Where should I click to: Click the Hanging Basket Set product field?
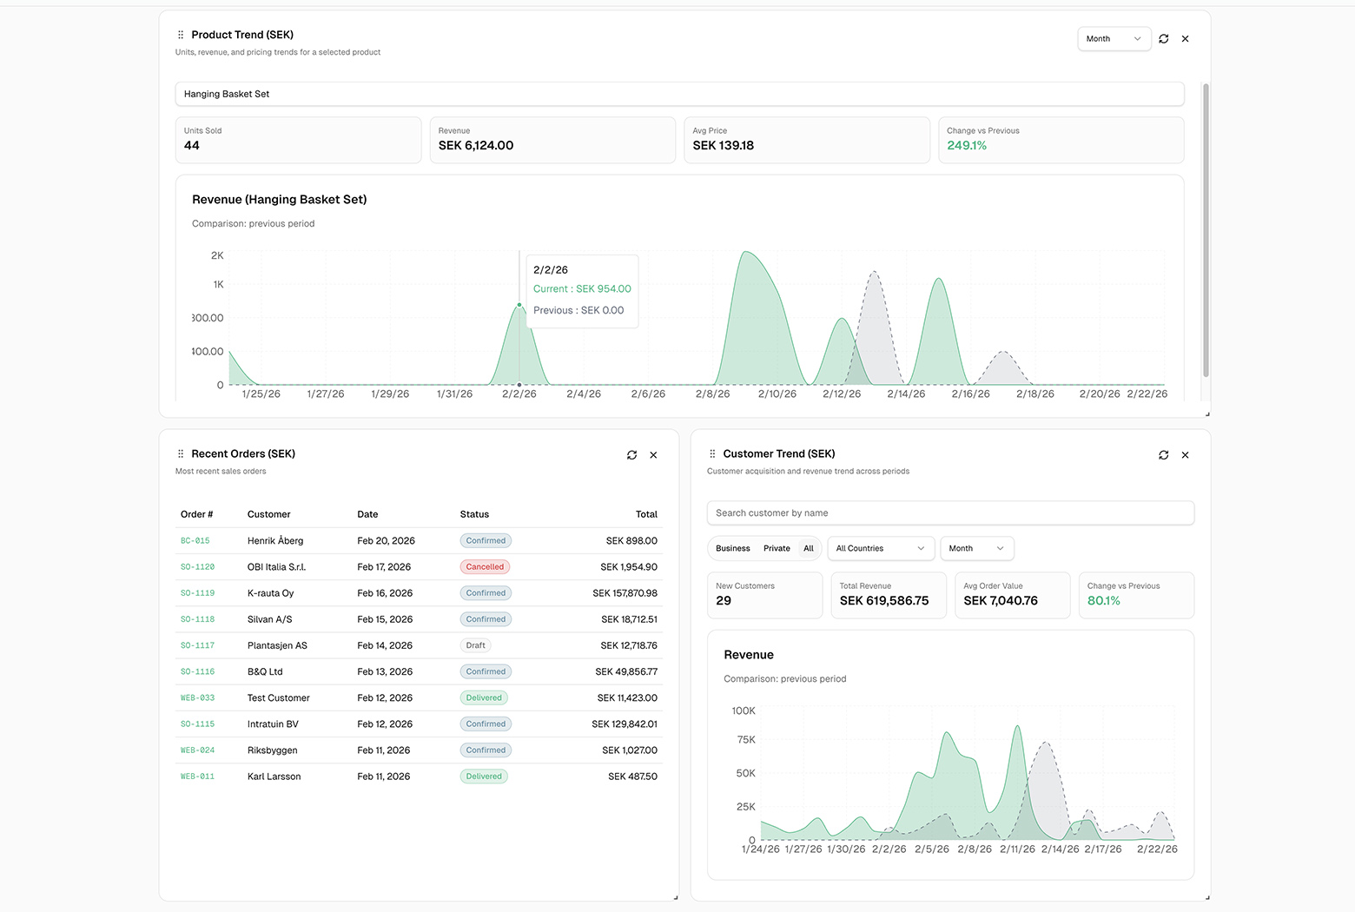679,94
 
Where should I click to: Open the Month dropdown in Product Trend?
1114,39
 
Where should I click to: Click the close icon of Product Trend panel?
1185,39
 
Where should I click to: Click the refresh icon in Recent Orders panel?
631,455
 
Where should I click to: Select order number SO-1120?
197,567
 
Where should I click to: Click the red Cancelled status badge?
485,567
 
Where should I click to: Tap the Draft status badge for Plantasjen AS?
475,645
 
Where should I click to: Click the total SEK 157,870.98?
625,593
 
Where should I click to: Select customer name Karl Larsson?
274,777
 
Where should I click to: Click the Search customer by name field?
950,513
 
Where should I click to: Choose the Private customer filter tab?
777,549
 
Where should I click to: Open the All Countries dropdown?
880,549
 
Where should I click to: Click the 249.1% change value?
967,146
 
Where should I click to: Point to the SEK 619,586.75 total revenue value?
883,601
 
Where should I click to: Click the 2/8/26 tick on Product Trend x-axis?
712,394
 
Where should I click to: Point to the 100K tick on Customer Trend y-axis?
744,711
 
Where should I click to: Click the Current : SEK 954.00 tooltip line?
582,289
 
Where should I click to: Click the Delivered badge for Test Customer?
484,698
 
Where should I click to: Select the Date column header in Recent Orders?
367,514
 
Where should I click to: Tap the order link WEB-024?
197,750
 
